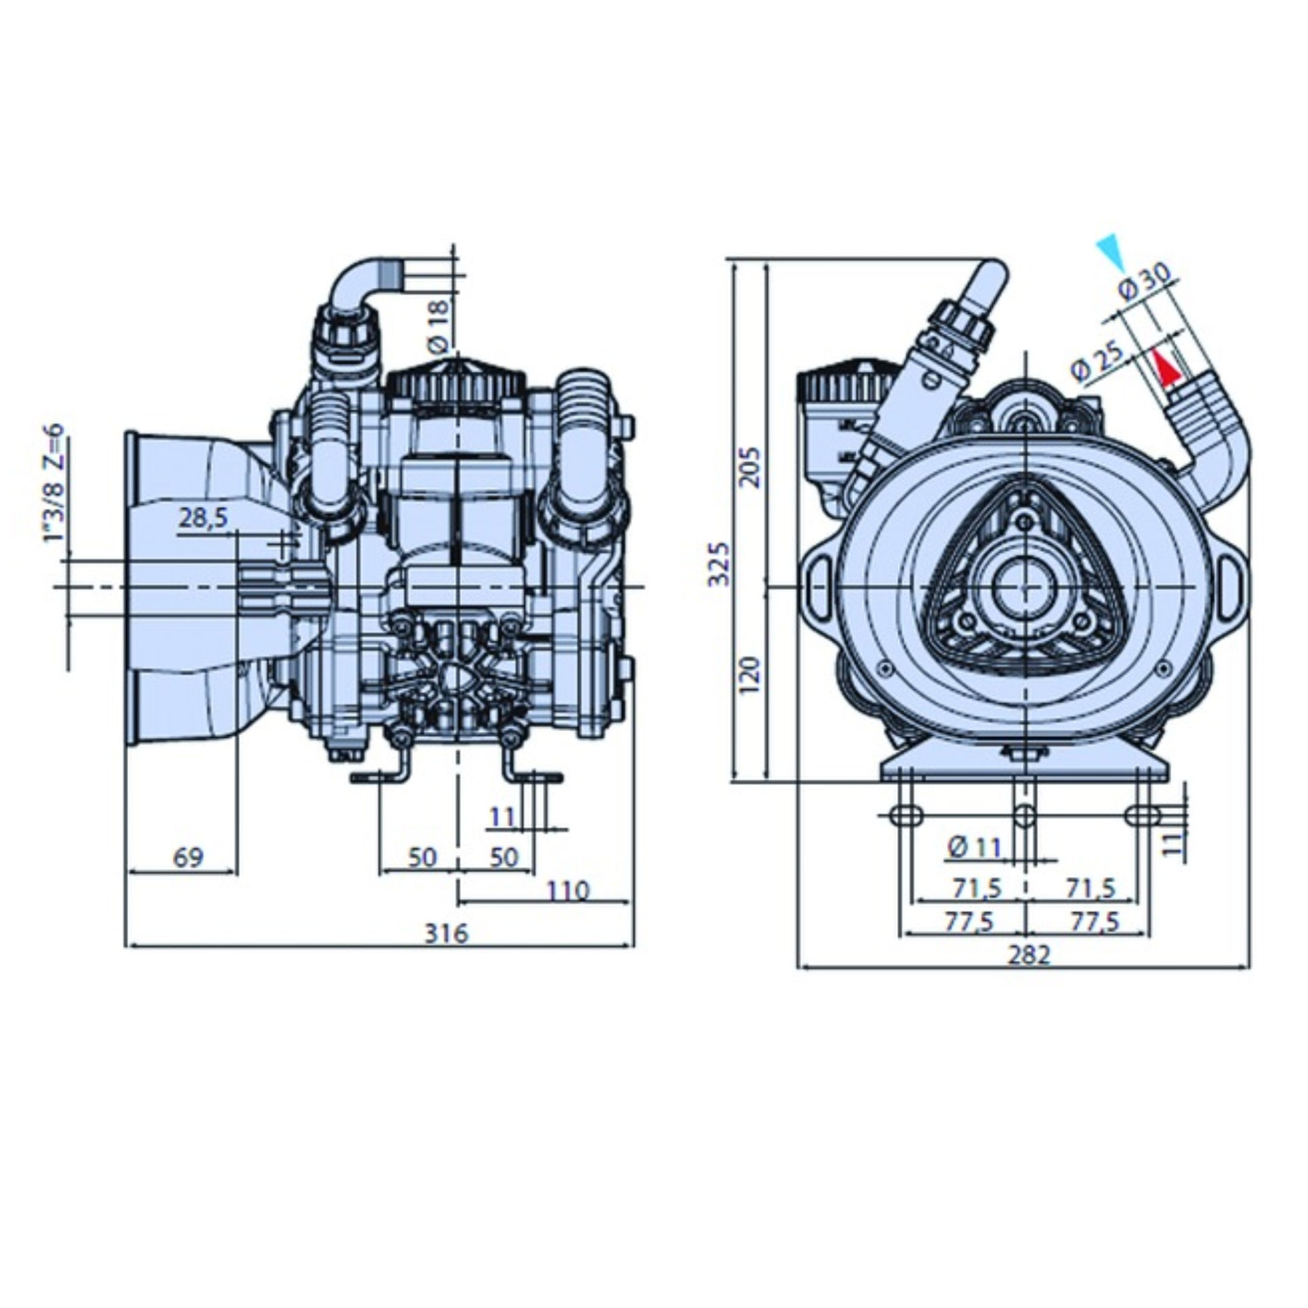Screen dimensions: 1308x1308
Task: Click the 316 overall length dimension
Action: coord(446,933)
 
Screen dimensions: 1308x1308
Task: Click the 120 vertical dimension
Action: coord(750,675)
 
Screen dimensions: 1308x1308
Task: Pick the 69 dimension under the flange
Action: coord(188,857)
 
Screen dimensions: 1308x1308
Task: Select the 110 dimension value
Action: coord(567,890)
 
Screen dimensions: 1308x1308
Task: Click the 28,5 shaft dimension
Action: coord(203,518)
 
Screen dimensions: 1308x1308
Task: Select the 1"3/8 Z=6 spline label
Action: coord(54,482)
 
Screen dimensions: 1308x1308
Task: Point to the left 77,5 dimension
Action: coord(969,922)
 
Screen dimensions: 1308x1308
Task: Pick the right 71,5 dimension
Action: coord(1091,888)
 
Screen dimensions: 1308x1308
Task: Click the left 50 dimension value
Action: coord(422,857)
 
